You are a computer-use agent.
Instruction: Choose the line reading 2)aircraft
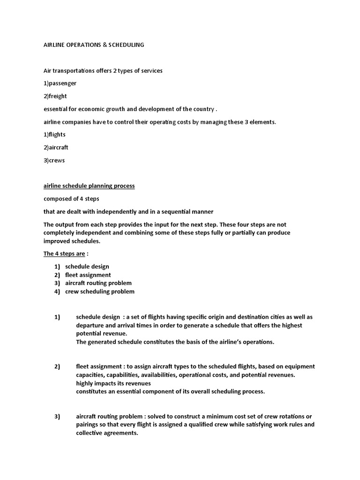click(56, 147)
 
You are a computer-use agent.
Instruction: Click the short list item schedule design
click(87, 266)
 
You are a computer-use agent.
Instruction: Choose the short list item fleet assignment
click(88, 275)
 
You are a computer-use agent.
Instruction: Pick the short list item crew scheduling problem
click(100, 292)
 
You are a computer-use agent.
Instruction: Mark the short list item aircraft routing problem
click(98, 283)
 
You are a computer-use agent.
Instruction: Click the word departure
click(90, 325)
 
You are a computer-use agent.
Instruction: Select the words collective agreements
click(107, 433)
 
